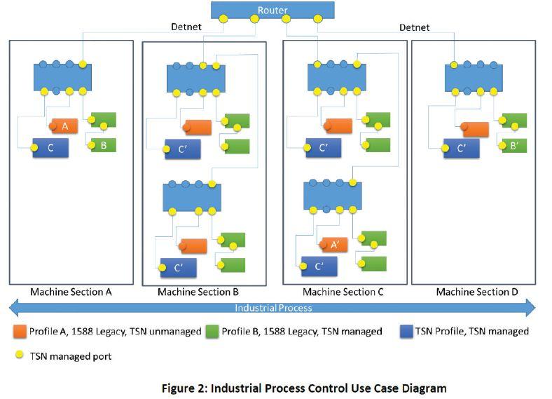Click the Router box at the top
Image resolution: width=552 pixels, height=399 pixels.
tap(272, 10)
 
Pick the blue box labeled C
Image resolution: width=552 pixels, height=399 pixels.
tap(50, 148)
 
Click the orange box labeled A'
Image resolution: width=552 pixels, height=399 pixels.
tap(335, 245)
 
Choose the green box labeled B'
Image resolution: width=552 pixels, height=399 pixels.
tap(513, 146)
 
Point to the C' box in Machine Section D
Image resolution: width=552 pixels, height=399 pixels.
tap(462, 149)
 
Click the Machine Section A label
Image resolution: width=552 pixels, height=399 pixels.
tap(71, 291)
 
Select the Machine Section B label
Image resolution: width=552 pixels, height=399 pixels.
tap(198, 292)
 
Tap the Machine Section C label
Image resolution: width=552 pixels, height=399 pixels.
tap(343, 291)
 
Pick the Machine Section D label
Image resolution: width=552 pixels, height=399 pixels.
tap(477, 291)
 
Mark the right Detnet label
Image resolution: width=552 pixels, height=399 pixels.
tap(415, 28)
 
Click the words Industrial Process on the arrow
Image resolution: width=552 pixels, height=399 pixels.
tap(273, 308)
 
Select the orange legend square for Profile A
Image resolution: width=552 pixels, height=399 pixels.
tap(20, 331)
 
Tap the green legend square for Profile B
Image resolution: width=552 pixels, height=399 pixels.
tap(211, 331)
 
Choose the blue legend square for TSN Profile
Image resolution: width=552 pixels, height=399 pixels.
tap(406, 331)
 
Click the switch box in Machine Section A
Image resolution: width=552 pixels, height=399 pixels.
tap(63, 76)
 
